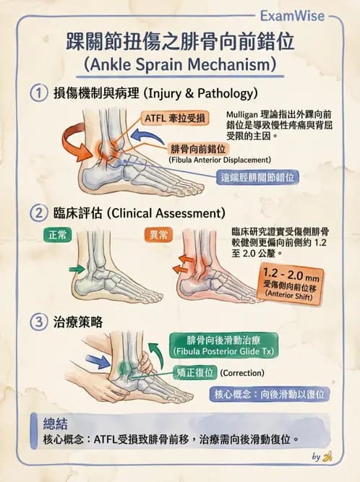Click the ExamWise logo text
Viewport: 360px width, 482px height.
[x=315, y=14]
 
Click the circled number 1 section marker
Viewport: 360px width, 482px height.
[x=38, y=94]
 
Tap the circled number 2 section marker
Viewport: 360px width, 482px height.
[x=38, y=213]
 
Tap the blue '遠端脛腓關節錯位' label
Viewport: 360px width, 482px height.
[x=260, y=176]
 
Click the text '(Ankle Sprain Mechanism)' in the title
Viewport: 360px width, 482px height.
[x=180, y=64]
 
